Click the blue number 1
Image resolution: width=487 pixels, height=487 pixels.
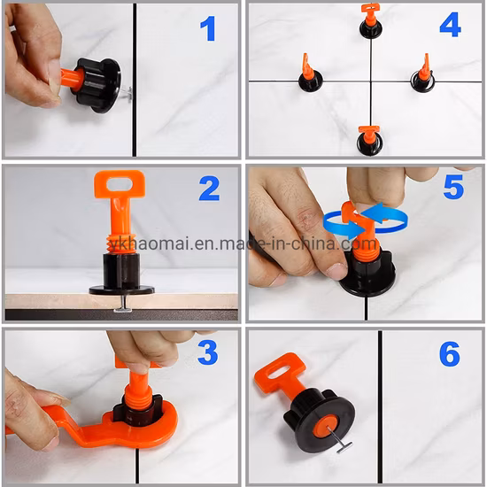pyautogui.click(x=208, y=28)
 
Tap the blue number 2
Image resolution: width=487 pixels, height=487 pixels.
pyautogui.click(x=209, y=189)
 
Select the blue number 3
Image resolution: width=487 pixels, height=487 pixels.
pyautogui.click(x=207, y=352)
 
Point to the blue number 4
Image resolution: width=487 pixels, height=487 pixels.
pyautogui.click(x=450, y=25)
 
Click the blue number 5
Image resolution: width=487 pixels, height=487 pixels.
pyautogui.click(x=453, y=188)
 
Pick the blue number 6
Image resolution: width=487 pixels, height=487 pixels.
pyautogui.click(x=450, y=354)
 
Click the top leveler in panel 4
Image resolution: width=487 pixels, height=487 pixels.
pyautogui.click(x=370, y=22)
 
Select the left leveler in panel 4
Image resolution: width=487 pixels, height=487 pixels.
pyautogui.click(x=310, y=75)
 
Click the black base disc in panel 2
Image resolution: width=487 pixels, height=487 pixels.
pyautogui.click(x=121, y=288)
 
